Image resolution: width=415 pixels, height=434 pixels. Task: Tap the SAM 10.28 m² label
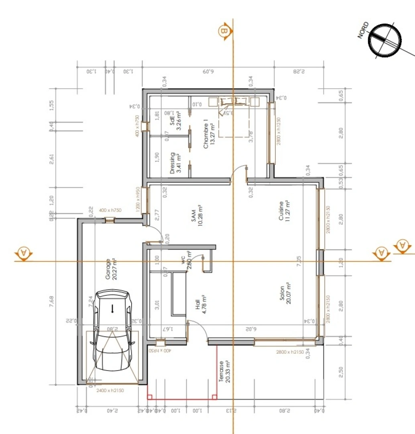pyautogui.click(x=196, y=217)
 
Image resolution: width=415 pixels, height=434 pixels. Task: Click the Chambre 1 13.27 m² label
pyautogui.click(x=209, y=134)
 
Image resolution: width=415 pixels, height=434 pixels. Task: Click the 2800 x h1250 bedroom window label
pyautogui.click(x=279, y=131)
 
